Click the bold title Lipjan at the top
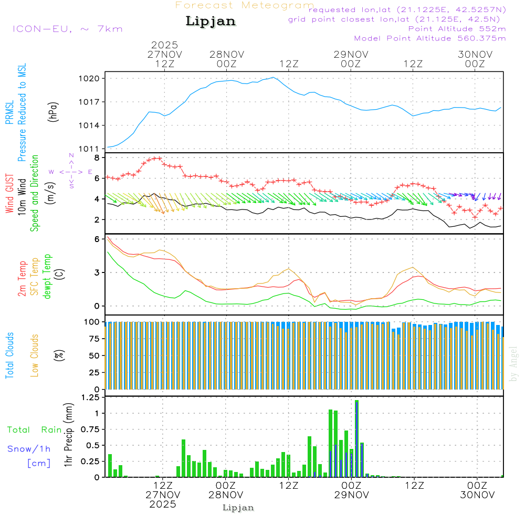point(211,22)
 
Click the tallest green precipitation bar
point(356,438)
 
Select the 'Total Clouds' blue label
point(9,355)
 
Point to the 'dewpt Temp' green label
point(47,277)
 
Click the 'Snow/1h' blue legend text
point(29,448)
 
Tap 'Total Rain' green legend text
point(34,429)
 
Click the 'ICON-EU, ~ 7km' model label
point(67,28)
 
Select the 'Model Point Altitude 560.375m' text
point(430,38)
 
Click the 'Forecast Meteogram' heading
point(245,5)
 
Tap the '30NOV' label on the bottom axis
point(476,495)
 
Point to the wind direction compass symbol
point(71,171)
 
